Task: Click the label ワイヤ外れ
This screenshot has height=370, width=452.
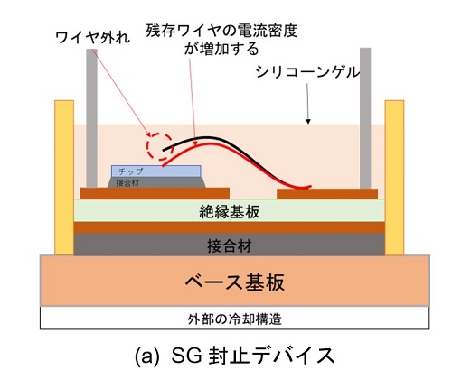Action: (93, 38)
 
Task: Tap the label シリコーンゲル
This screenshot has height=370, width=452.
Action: (307, 72)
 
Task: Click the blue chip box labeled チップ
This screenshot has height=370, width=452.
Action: (156, 171)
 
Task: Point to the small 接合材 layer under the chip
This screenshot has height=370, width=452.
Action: (156, 182)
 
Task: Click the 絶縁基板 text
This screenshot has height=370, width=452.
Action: (230, 212)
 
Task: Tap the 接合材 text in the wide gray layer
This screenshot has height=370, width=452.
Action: (230, 246)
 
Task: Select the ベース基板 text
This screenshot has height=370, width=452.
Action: (235, 282)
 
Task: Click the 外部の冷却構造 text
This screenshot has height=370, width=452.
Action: (234, 319)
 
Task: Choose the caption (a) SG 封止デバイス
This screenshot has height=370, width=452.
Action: (235, 355)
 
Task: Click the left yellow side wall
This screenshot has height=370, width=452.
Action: (64, 178)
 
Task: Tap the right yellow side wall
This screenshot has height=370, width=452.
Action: (394, 178)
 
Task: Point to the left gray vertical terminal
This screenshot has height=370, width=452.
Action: (91, 118)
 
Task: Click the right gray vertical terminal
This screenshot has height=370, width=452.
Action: (365, 118)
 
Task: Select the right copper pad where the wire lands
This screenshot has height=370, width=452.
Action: (327, 194)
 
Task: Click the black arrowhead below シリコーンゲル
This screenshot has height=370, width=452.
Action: (308, 122)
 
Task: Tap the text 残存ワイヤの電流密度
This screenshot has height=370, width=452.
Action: (221, 31)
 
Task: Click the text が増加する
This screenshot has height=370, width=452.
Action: (221, 49)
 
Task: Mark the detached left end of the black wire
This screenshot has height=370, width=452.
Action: (163, 150)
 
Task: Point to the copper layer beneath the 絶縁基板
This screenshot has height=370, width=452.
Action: (230, 227)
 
